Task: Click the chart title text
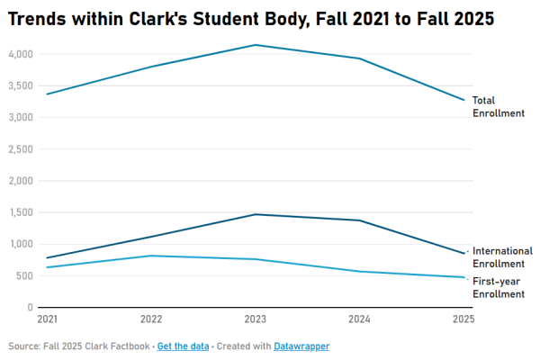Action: (251, 18)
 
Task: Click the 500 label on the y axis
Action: (24, 275)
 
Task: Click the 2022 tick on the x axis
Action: (151, 319)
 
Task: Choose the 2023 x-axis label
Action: (256, 319)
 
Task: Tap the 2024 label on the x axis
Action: (360, 319)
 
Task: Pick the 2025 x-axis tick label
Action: (463, 319)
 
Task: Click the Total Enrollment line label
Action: (498, 106)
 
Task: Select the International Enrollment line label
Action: (502, 256)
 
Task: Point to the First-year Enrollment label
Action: (498, 288)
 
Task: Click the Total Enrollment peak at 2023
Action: (256, 45)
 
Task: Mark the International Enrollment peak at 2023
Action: (256, 214)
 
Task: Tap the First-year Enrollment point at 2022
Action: (151, 256)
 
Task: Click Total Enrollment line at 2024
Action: (360, 58)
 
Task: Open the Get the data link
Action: (183, 346)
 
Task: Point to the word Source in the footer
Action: (23, 346)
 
